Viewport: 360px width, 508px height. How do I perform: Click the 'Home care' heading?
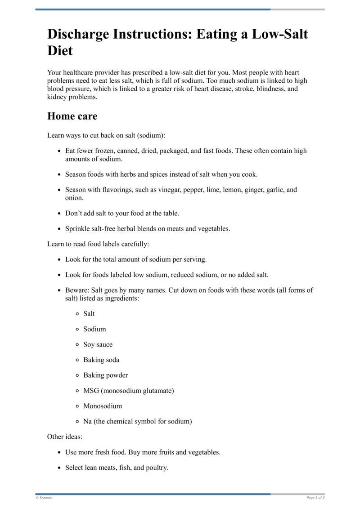(x=72, y=116)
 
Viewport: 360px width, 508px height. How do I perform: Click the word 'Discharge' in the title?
(x=83, y=34)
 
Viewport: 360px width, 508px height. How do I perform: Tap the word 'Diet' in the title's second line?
(x=60, y=50)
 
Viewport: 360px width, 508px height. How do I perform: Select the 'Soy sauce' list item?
(x=98, y=344)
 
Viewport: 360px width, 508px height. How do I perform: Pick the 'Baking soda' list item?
(x=101, y=360)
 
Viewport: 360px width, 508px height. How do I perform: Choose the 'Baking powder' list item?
(x=105, y=375)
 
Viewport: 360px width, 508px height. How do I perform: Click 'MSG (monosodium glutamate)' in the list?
(x=128, y=391)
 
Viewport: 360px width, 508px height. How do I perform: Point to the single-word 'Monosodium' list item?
(x=103, y=406)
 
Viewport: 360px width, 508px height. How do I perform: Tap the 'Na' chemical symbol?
(x=87, y=421)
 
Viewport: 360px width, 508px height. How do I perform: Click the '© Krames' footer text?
(x=44, y=498)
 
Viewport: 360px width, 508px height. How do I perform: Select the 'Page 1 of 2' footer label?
(x=315, y=498)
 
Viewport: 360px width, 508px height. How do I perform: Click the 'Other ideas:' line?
(x=65, y=436)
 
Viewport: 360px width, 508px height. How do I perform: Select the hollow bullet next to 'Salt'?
(x=77, y=314)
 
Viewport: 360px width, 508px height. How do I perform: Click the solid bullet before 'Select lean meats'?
(x=59, y=468)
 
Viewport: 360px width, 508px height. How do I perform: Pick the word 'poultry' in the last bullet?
(x=156, y=468)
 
